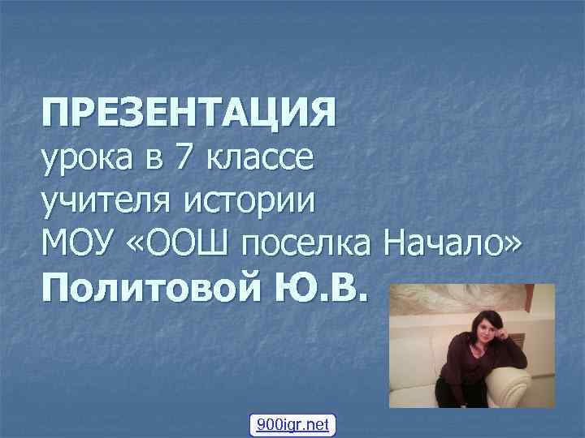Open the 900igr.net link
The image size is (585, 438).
click(292, 424)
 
